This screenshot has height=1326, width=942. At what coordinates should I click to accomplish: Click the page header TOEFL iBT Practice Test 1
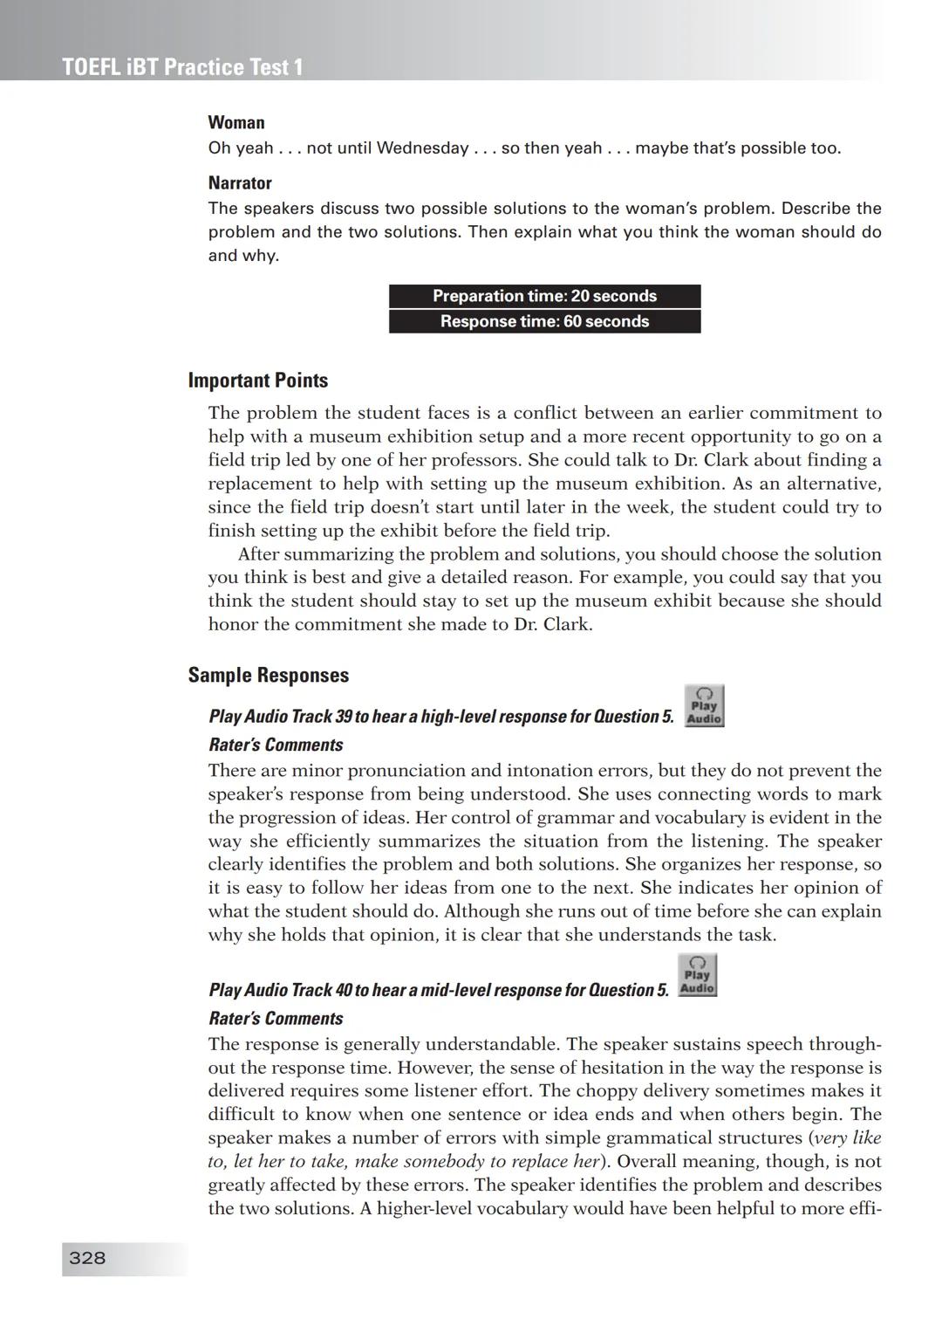pyautogui.click(x=182, y=67)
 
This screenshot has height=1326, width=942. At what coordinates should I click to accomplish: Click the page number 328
pyautogui.click(x=87, y=1258)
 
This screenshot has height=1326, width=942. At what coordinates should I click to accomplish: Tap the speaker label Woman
pyautogui.click(x=236, y=122)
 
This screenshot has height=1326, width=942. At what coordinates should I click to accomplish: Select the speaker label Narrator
pyautogui.click(x=240, y=183)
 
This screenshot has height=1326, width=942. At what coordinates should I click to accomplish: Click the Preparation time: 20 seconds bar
pyautogui.click(x=544, y=296)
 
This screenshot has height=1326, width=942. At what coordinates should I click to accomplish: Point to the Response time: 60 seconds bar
pyautogui.click(x=544, y=321)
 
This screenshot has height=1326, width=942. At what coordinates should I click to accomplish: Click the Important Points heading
pyautogui.click(x=258, y=381)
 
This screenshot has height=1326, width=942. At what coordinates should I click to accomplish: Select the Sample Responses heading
pyautogui.click(x=269, y=675)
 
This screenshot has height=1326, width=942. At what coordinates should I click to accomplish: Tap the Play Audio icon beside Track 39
pyautogui.click(x=704, y=706)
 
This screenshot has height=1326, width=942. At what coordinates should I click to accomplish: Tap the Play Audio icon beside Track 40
pyautogui.click(x=697, y=976)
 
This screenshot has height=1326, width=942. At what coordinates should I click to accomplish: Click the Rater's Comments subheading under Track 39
pyautogui.click(x=276, y=745)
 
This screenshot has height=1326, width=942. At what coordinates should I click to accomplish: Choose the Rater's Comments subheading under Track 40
pyautogui.click(x=276, y=1018)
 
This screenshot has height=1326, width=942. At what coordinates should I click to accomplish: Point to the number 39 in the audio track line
pyautogui.click(x=344, y=717)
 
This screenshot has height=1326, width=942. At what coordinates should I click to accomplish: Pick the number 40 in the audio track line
pyautogui.click(x=344, y=990)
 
